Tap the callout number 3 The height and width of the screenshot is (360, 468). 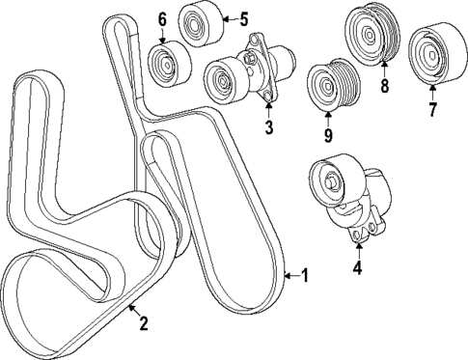[269, 126]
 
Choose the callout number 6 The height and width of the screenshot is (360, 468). [161, 18]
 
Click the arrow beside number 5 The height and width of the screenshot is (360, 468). [228, 17]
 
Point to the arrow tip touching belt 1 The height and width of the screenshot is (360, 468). [286, 275]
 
